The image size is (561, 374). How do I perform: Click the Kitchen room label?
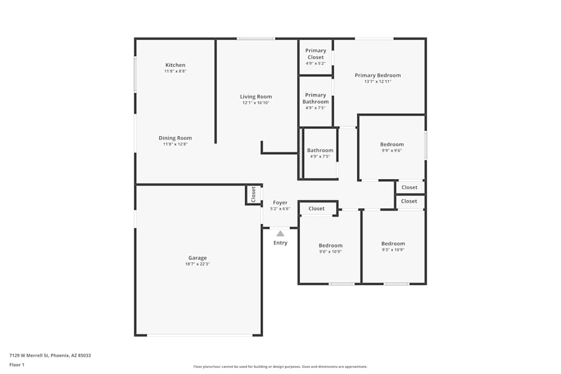[175, 65]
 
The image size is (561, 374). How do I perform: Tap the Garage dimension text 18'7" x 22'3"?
[197, 264]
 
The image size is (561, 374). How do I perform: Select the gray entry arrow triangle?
[280, 233]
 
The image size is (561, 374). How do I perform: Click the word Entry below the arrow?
[280, 243]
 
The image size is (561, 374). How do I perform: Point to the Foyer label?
[280, 202]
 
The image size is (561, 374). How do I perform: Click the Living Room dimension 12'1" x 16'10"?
[256, 103]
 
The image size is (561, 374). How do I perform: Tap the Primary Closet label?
[315, 54]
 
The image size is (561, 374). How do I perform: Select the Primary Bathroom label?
[315, 98]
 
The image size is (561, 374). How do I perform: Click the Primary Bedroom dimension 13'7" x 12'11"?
[378, 82]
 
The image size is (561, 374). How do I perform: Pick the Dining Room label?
[175, 138]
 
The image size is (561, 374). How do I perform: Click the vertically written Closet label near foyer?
[253, 194]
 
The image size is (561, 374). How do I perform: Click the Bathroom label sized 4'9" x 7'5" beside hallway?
[320, 150]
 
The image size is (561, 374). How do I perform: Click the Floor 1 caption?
[17, 364]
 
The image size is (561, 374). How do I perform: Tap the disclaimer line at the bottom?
[280, 366]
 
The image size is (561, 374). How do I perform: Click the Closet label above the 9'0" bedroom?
[316, 209]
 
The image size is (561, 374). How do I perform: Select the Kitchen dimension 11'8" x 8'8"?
[175, 71]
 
